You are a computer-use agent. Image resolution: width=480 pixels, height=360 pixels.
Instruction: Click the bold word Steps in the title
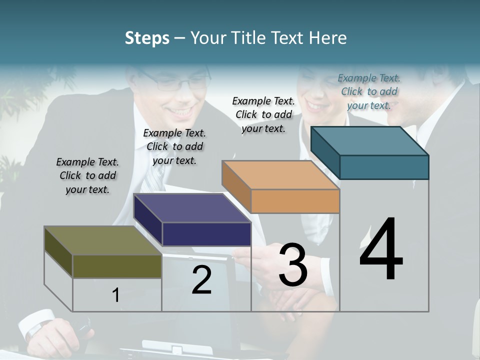(x=147, y=38)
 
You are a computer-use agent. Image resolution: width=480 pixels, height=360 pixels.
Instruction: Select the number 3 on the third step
(x=293, y=265)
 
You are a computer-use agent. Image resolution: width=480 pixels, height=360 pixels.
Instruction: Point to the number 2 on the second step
(x=201, y=280)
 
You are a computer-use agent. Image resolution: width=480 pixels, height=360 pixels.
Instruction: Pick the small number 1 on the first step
(x=116, y=295)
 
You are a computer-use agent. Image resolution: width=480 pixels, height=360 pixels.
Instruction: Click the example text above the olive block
(x=87, y=175)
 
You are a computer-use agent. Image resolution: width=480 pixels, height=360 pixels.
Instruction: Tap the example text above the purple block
(x=174, y=146)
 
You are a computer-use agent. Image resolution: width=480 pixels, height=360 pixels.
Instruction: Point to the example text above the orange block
(x=263, y=114)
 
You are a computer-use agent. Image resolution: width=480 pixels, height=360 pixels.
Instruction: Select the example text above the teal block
(x=369, y=91)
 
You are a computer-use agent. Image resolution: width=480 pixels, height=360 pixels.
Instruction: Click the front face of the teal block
(x=384, y=167)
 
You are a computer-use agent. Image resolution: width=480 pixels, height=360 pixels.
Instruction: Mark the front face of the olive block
(x=117, y=266)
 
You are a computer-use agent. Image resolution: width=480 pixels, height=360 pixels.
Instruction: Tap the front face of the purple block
(x=206, y=234)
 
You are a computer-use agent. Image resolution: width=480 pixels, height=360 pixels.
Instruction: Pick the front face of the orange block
(x=295, y=201)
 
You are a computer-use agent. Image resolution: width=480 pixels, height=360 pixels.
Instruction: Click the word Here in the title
(x=327, y=38)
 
